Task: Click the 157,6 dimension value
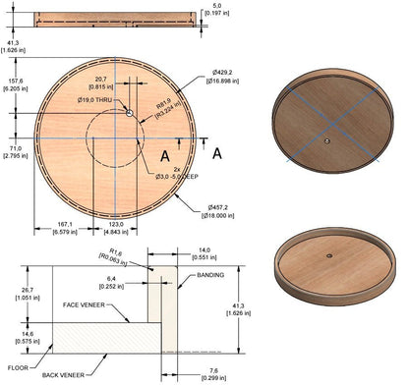click(16, 83)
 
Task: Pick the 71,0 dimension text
click(16, 148)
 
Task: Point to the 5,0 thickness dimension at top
click(225, 8)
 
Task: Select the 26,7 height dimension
click(16, 292)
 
